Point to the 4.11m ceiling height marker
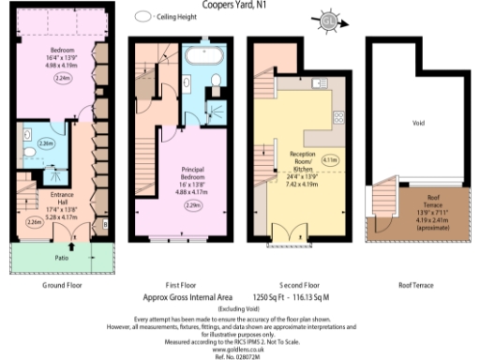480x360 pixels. [329, 160]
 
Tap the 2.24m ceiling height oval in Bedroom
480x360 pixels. [65, 80]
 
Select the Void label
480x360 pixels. [417, 121]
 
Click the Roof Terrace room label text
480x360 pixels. [433, 198]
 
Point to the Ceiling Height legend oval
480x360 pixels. [143, 16]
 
